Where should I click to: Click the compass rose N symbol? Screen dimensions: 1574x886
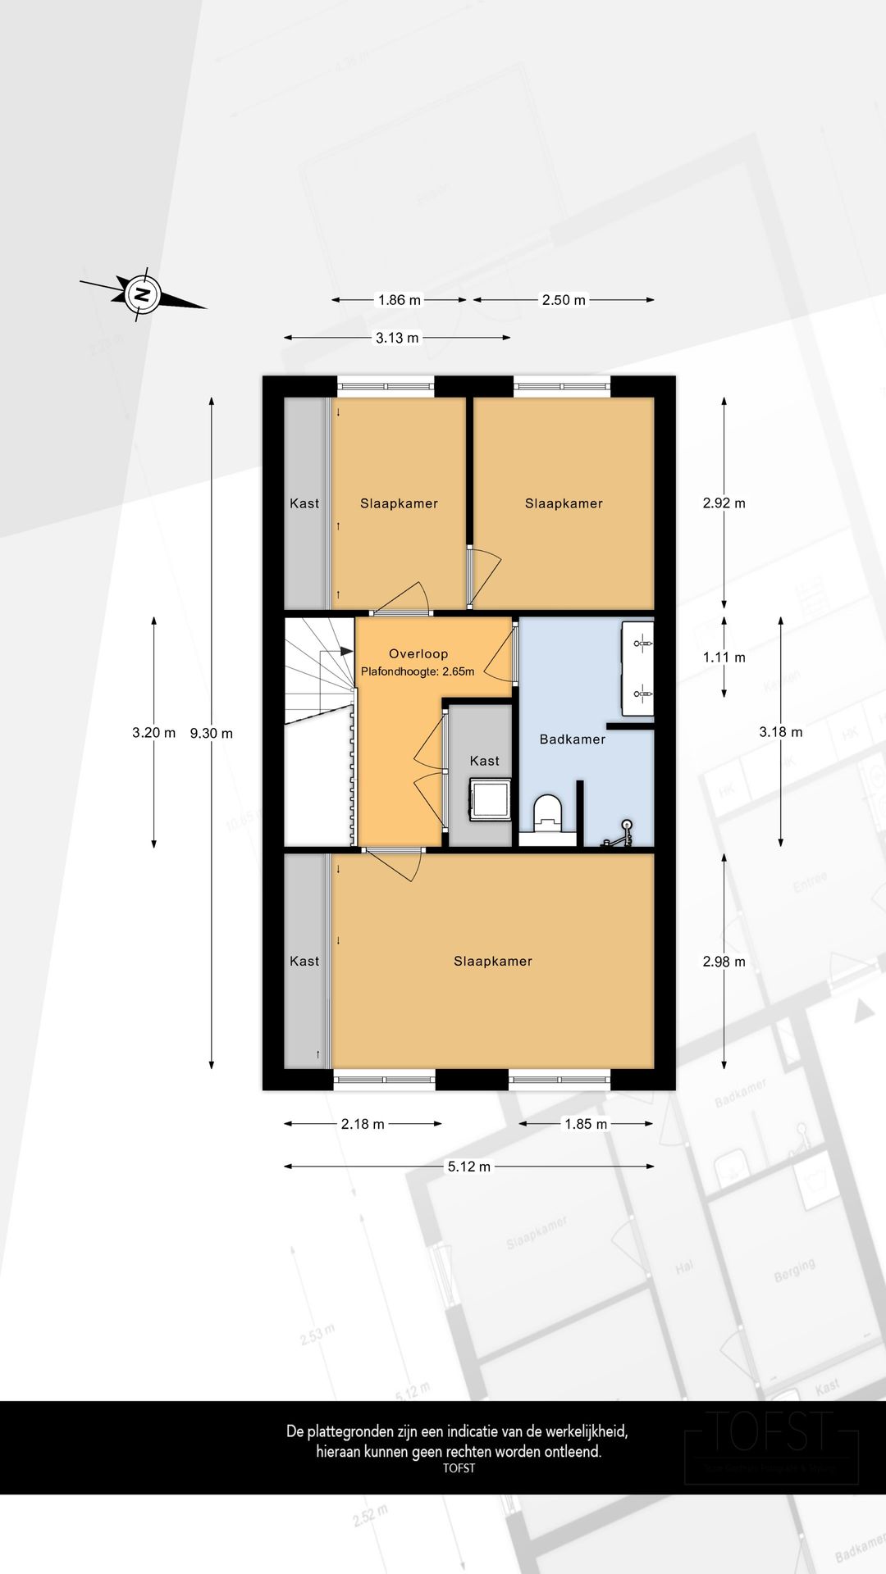(x=142, y=293)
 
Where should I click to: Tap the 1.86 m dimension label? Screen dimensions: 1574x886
(x=399, y=300)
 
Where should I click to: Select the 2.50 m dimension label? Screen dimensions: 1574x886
(x=564, y=300)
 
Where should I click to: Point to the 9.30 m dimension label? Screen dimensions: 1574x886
(x=212, y=733)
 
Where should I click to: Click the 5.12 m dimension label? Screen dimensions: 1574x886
(x=468, y=1167)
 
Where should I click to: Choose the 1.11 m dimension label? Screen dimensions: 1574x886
(x=724, y=657)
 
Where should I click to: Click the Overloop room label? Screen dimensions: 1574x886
(x=418, y=653)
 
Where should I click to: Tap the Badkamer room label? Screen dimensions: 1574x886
(x=572, y=739)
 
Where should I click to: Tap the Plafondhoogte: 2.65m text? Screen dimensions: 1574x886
(x=418, y=671)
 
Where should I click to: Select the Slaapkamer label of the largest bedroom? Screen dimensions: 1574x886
(x=492, y=961)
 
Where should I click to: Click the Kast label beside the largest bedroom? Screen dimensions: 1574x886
(x=304, y=961)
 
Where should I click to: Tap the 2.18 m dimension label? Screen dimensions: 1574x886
(x=363, y=1124)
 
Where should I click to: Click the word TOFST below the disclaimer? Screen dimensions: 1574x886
(x=459, y=1468)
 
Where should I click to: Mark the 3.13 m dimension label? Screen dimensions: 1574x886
(x=397, y=338)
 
